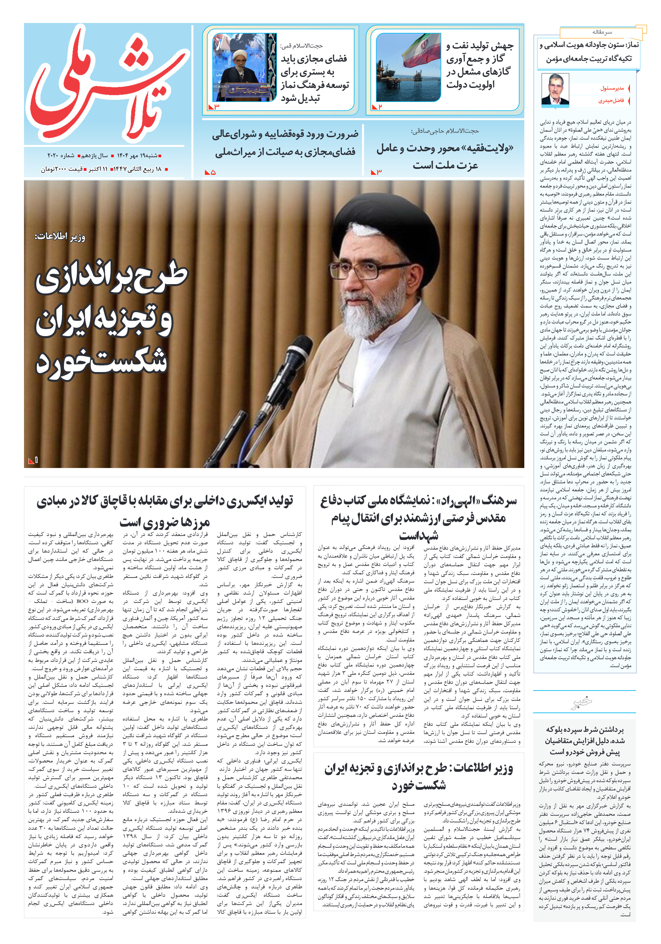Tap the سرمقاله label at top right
tap(602, 32)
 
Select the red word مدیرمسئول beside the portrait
tap(612, 88)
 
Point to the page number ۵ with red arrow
tap(210, 173)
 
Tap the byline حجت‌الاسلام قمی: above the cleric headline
tap(301, 46)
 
